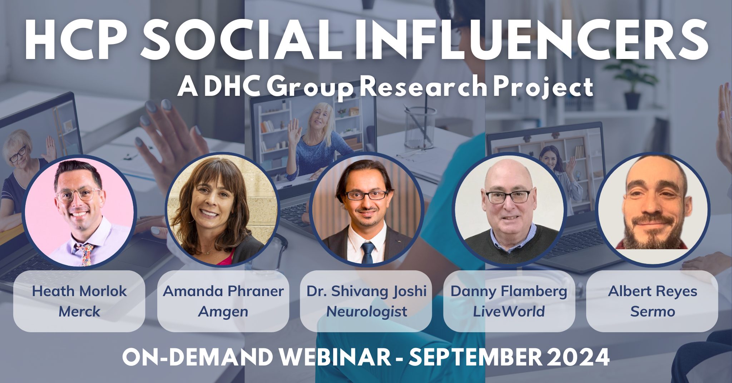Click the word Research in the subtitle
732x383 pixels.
[x=424, y=87]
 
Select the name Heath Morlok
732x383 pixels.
[x=79, y=291]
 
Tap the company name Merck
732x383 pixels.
[x=79, y=311]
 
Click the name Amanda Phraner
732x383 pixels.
[x=223, y=291]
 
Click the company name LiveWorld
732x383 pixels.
[x=509, y=311]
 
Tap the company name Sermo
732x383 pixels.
[x=653, y=311]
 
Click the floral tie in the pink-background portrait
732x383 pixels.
[x=86, y=253]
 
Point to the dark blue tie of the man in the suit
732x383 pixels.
[x=367, y=252]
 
